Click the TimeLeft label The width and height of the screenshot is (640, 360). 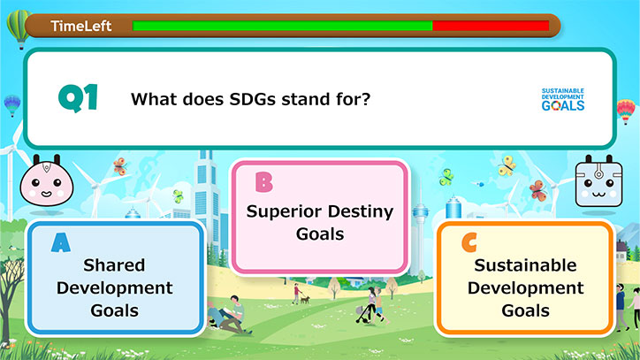tap(80, 27)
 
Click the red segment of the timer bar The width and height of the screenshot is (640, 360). tap(491, 26)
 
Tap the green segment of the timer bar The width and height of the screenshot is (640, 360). tap(283, 26)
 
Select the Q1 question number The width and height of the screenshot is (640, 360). tap(78, 98)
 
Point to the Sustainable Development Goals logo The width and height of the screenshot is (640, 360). tap(563, 100)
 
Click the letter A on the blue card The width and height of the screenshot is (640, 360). tap(61, 242)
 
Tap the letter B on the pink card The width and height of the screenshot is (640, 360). tap(263, 182)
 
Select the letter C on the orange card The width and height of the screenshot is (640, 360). tap(469, 242)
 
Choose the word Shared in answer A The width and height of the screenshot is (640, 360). tap(114, 265)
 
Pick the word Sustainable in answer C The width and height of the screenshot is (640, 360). tap(525, 265)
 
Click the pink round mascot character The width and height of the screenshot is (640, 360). tap(47, 183)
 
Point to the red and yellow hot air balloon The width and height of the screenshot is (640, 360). tap(626, 111)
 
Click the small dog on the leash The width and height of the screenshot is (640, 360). tap(305, 300)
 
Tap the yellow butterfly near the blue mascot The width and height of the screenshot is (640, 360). tap(507, 165)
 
